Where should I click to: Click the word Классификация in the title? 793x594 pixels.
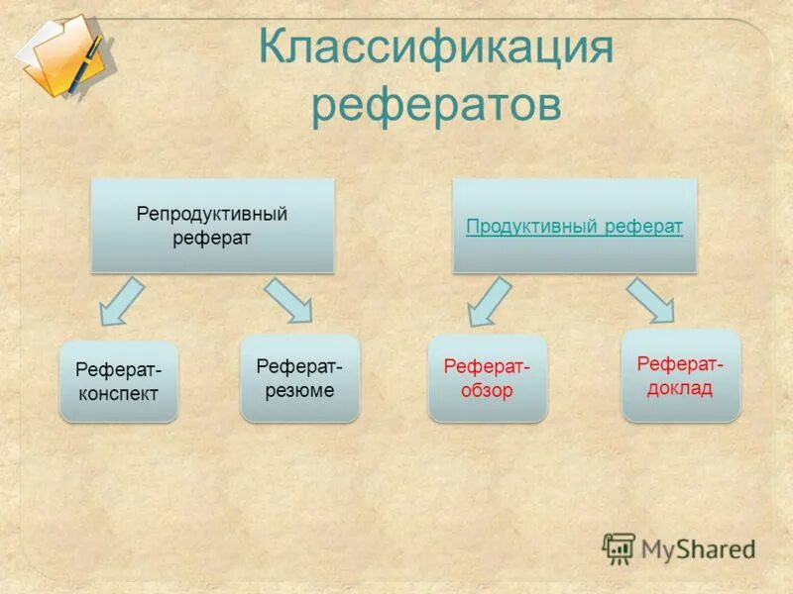[x=435, y=49]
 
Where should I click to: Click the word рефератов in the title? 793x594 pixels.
[x=435, y=106]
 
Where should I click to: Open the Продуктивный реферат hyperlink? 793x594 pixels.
[x=574, y=227]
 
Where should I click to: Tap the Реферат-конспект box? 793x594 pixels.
[x=118, y=381]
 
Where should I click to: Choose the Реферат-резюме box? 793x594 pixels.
[x=299, y=378]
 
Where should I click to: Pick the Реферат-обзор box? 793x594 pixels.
[x=487, y=378]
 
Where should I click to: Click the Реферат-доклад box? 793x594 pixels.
[x=680, y=375]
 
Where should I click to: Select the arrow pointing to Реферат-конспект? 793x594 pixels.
[x=121, y=301]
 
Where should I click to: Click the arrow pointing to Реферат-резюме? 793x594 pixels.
[x=288, y=300]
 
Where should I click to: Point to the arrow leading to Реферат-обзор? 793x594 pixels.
[x=489, y=301]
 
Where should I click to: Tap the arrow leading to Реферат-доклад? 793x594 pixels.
[x=651, y=300]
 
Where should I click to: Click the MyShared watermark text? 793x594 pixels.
[x=698, y=547]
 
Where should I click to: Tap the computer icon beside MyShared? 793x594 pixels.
[x=619, y=548]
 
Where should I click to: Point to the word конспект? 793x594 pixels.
[x=118, y=392]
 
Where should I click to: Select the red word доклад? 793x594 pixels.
[x=680, y=387]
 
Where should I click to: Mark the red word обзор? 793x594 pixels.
[x=487, y=390]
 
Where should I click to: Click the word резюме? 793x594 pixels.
[x=299, y=390]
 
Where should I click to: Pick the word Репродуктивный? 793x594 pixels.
[x=212, y=215]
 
